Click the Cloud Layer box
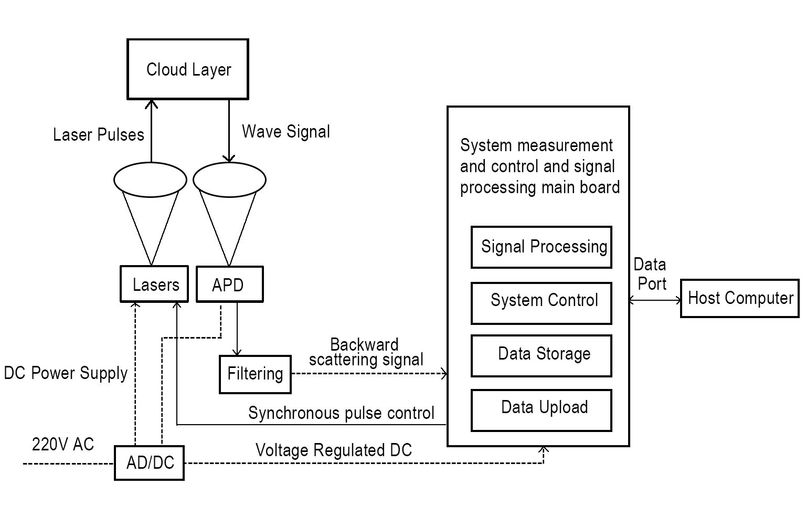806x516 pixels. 188,69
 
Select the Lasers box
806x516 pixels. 154,284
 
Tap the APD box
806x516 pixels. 229,285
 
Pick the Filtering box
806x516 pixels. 255,374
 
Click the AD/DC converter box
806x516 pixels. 150,462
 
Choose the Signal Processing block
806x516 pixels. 542,247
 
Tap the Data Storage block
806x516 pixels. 542,355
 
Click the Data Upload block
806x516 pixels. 542,410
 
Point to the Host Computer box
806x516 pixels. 740,298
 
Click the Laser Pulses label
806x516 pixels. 99,135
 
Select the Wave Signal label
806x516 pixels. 286,131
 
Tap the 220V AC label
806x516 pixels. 63,445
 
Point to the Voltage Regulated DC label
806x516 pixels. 334,450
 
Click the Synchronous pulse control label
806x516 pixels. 341,413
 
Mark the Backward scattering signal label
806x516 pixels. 366,352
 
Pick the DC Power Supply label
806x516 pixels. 66,373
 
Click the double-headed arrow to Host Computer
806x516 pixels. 655,300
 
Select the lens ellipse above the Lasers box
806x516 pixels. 150,180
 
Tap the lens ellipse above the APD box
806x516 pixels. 229,180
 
